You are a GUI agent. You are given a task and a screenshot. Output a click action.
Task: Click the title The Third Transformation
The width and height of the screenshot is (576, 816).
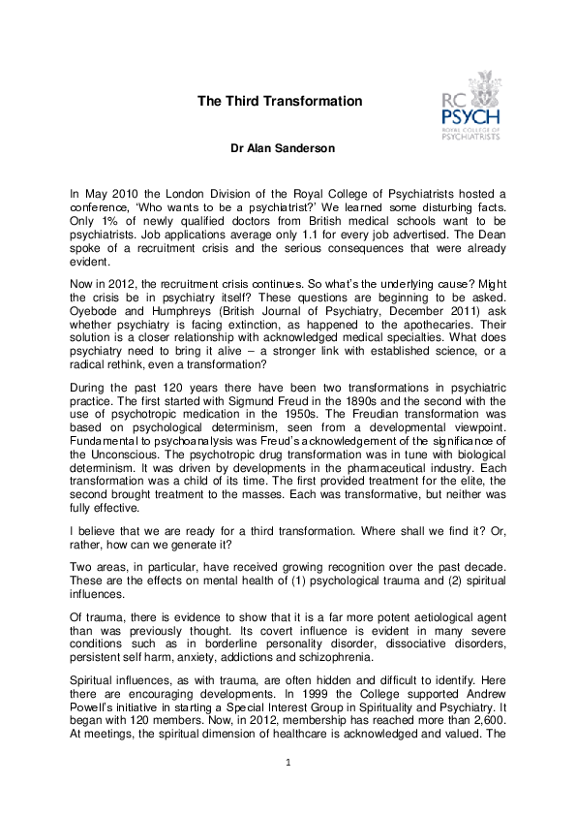(x=280, y=101)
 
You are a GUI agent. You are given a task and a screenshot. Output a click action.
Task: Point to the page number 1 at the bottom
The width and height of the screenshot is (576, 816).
(x=288, y=764)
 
